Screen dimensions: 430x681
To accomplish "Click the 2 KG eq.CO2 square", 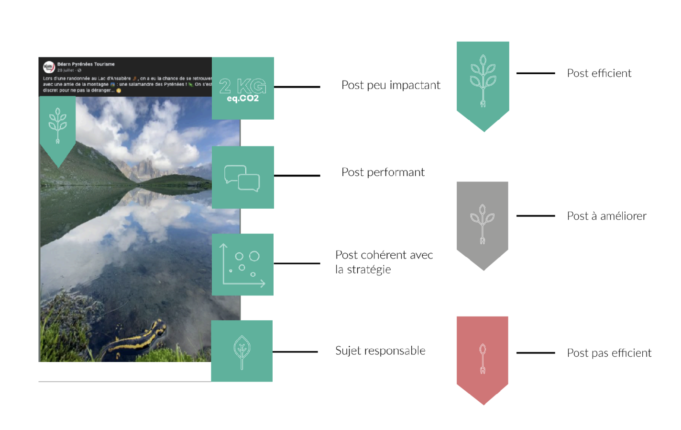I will coord(242,88).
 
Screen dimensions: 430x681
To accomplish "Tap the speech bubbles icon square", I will coord(242,177).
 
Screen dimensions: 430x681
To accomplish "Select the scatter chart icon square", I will coord(242,264).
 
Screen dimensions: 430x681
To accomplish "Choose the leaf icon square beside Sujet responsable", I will coord(242,351).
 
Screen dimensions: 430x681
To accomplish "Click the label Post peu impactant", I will coord(391,85).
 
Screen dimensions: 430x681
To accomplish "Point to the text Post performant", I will coord(383,172).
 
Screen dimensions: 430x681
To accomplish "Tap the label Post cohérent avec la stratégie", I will coord(384,262).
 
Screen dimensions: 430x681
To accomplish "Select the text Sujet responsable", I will coord(380,351).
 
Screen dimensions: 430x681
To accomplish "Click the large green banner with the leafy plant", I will coord(483,81).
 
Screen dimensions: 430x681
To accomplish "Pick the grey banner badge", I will coord(482,223).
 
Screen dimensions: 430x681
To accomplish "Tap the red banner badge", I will coord(482,357).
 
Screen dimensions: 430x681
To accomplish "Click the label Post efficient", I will coord(599,73).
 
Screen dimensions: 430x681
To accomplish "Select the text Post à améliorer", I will coord(606,216).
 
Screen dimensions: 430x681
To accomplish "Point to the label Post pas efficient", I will coord(609,353).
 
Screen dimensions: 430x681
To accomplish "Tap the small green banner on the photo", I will coord(57,127).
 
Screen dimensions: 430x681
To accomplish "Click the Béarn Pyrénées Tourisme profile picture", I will coord(49,67).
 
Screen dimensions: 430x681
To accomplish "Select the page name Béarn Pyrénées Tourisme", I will coord(86,64).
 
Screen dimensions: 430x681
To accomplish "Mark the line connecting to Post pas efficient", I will coord(536,353).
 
